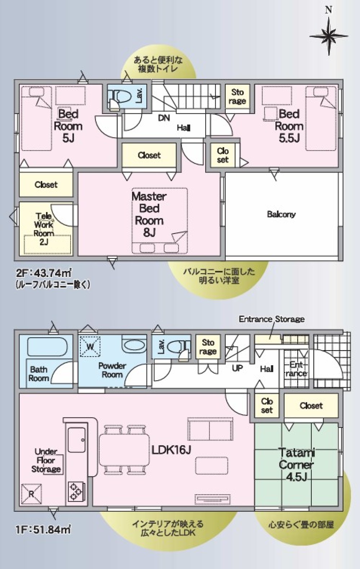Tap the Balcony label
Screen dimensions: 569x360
click(x=281, y=214)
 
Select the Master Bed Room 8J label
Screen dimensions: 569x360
click(x=149, y=214)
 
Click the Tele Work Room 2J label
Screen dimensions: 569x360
click(x=44, y=229)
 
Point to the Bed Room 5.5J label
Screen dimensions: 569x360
click(x=289, y=126)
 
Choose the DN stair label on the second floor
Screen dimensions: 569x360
click(x=164, y=118)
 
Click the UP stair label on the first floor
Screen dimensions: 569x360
click(x=237, y=368)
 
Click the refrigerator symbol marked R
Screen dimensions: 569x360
click(x=31, y=494)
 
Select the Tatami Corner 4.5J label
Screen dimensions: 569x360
click(x=296, y=464)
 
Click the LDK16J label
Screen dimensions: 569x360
click(x=171, y=450)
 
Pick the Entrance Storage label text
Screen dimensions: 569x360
click(x=271, y=319)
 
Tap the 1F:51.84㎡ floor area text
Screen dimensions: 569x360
click(x=42, y=529)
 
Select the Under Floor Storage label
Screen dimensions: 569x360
click(x=46, y=460)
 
